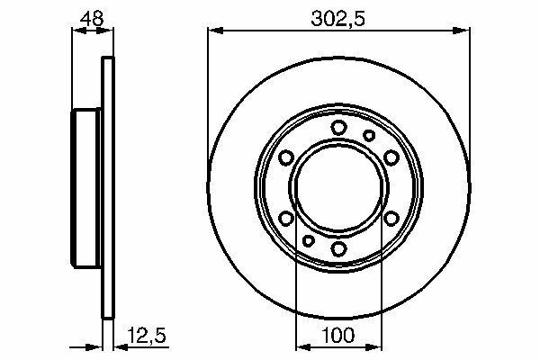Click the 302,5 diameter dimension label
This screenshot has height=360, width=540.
pyautogui.click(x=337, y=19)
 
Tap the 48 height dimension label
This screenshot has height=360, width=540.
pyautogui.click(x=91, y=19)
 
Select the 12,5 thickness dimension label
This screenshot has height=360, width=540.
pyautogui.click(x=147, y=335)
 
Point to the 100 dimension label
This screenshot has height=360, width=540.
pyautogui.click(x=337, y=335)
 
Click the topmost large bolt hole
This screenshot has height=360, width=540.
pyautogui.click(x=339, y=128)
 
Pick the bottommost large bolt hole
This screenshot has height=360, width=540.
pyautogui.click(x=339, y=248)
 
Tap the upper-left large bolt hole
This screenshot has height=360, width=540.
pyautogui.click(x=286, y=157)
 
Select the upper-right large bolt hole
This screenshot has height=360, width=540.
pyautogui.click(x=391, y=157)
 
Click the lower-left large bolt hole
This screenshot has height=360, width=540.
pyautogui.click(x=286, y=219)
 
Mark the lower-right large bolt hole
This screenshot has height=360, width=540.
pyautogui.click(x=391, y=219)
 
